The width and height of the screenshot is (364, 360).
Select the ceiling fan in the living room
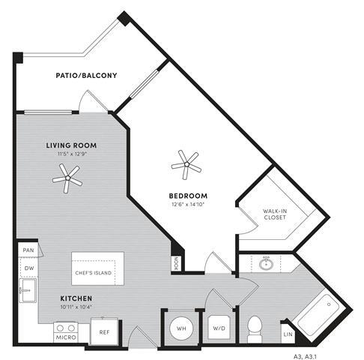pyautogui.click(x=68, y=177)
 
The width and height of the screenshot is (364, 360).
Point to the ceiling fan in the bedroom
pyautogui.click(x=185, y=161)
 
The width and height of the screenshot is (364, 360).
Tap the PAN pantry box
pyautogui.click(x=28, y=250)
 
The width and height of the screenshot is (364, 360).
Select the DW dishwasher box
pyautogui.click(x=28, y=268)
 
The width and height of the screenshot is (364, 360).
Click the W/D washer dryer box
pyautogui.click(x=219, y=328)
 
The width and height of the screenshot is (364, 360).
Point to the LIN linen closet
pyautogui.click(x=288, y=332)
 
